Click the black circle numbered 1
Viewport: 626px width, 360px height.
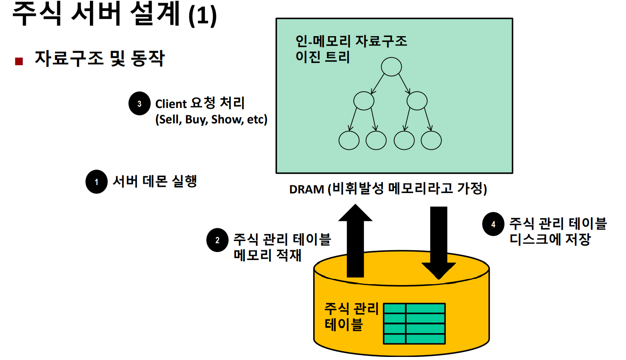coord(96,182)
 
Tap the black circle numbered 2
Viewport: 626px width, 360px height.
coord(218,240)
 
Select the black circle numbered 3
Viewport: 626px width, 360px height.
coord(140,104)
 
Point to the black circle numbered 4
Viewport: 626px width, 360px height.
coord(493,225)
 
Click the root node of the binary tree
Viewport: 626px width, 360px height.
coord(392,67)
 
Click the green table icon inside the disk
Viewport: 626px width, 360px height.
coord(414,323)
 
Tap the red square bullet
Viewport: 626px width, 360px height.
coord(19,61)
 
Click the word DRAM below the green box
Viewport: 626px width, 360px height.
coord(306,189)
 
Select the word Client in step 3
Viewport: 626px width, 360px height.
coord(171,104)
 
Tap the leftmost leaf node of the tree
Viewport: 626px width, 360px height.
coord(349,140)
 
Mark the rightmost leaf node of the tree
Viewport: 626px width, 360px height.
coord(431,140)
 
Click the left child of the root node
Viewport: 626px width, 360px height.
coord(364,101)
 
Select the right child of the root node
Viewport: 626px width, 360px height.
coord(417,101)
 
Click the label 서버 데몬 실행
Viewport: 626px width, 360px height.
coord(154,181)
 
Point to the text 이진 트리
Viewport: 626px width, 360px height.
coord(322,57)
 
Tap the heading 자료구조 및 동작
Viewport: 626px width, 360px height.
coord(99,59)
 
